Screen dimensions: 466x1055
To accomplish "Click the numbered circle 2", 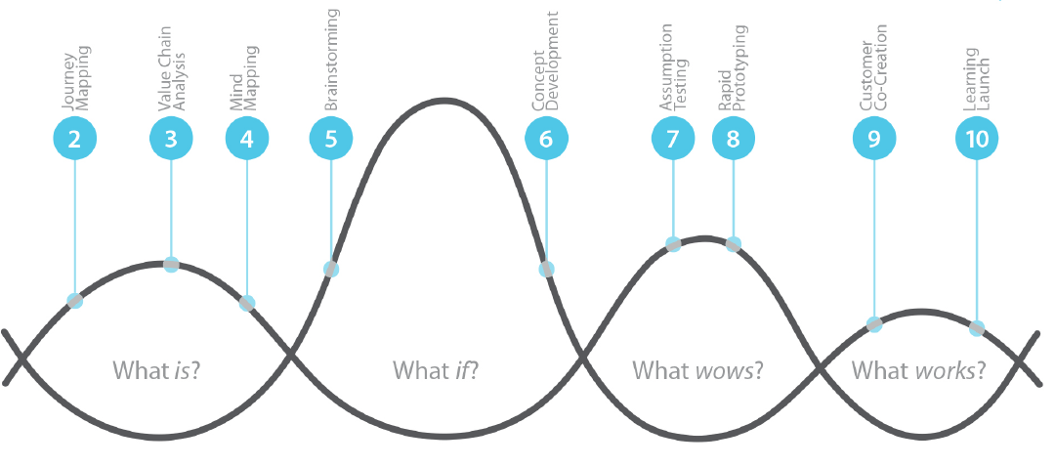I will (74, 139).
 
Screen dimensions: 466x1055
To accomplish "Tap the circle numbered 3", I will (171, 139).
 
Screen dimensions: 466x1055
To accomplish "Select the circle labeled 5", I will (331, 139).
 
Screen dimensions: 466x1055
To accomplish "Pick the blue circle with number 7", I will (673, 139).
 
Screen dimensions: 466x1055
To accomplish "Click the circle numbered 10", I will (977, 139).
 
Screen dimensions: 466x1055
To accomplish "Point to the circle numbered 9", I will (874, 139).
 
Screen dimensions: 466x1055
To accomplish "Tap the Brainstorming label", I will (331, 59).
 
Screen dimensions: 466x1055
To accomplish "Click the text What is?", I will (163, 370).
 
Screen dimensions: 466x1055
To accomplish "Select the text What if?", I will (437, 370).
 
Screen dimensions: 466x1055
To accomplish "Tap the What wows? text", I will (697, 370).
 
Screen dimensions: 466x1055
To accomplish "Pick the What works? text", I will (918, 370).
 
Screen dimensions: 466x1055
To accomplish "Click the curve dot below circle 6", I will (546, 269).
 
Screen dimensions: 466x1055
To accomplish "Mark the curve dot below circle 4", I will (247, 303).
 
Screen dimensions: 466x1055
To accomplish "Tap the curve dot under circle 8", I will (734, 244).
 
